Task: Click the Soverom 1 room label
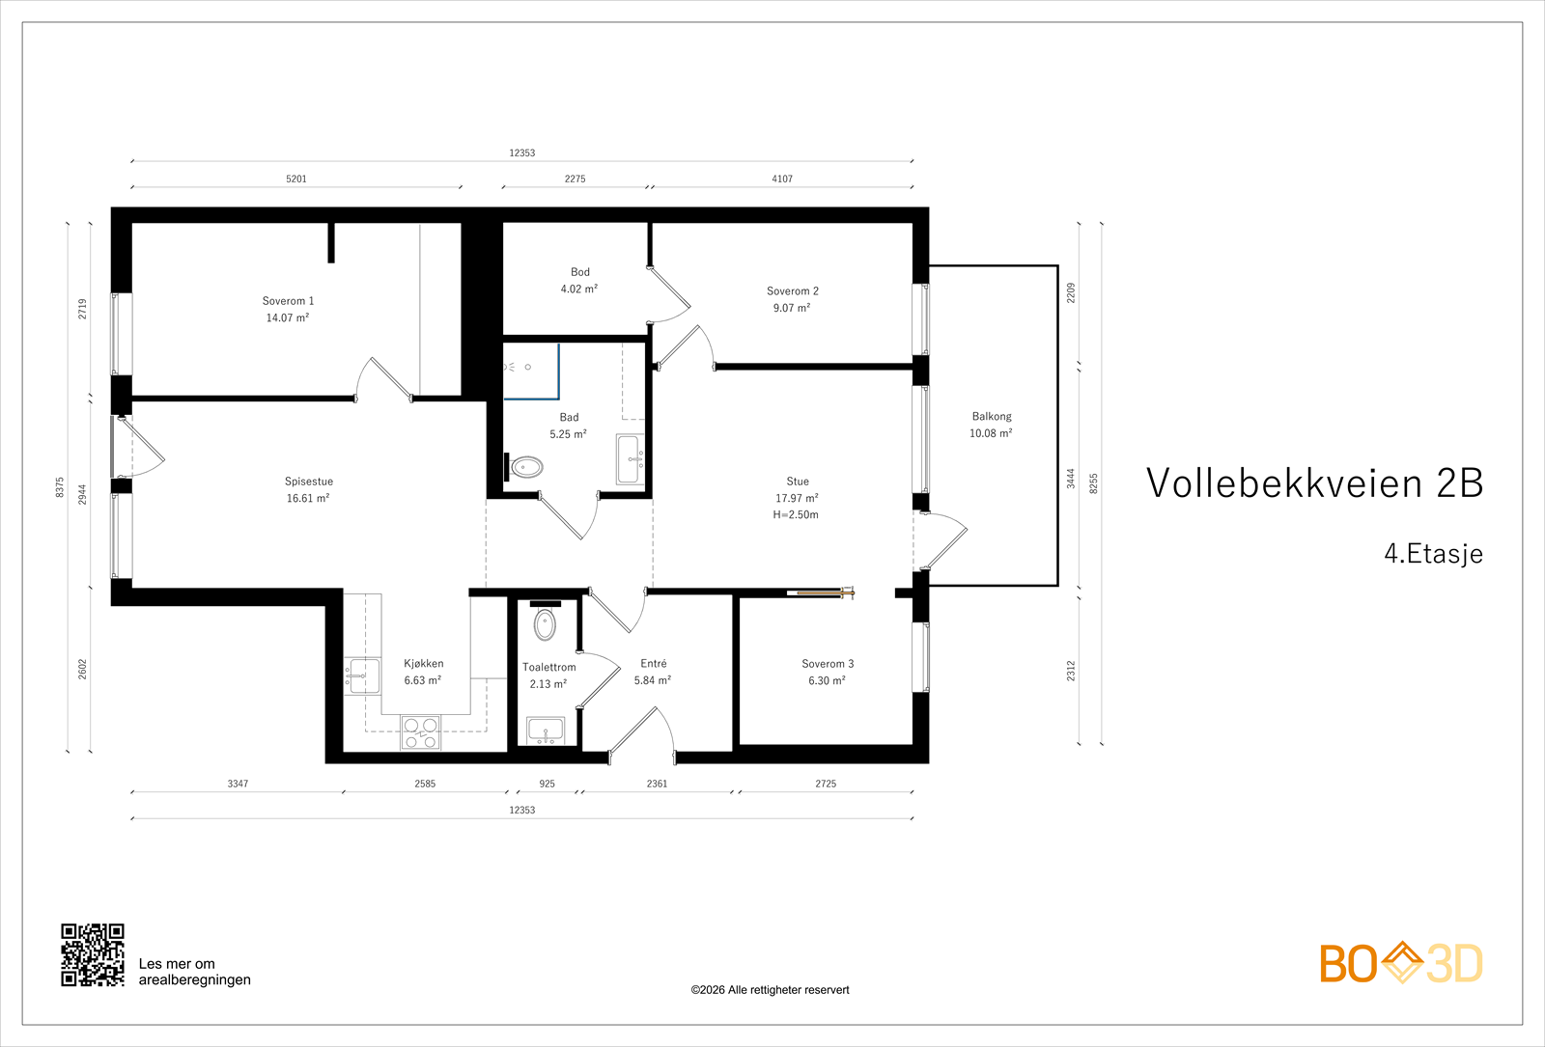tap(288, 301)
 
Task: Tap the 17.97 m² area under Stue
tap(797, 498)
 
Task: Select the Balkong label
tap(992, 417)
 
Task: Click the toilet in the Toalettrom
tap(545, 623)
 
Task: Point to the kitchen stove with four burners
tap(420, 731)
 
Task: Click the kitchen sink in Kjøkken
tap(363, 675)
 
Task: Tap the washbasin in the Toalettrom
tap(546, 730)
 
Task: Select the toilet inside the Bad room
tap(526, 468)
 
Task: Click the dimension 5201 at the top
tap(296, 179)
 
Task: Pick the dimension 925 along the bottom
tap(548, 784)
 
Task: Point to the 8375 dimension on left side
tap(60, 487)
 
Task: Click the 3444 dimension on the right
tap(1071, 479)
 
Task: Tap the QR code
tap(93, 955)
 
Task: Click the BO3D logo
tap(1400, 963)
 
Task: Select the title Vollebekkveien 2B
tap(1314, 483)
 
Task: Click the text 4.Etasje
tap(1433, 554)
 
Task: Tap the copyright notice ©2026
tap(770, 990)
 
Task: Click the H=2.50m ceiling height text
tap(796, 515)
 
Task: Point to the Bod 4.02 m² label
tap(579, 281)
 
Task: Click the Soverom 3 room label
tap(828, 664)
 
